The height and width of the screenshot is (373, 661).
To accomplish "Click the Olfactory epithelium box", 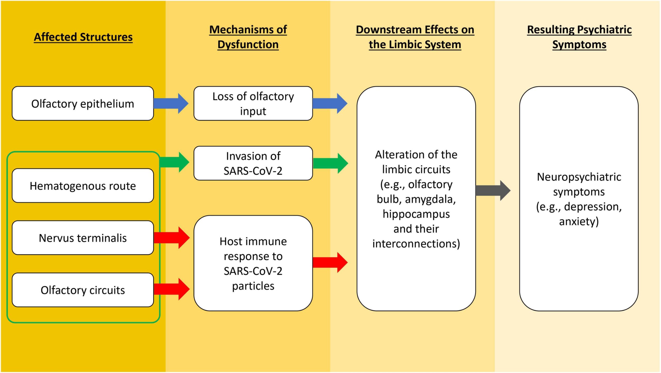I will pyautogui.click(x=83, y=104).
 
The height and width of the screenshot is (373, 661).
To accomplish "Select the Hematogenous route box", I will pyautogui.click(x=83, y=186).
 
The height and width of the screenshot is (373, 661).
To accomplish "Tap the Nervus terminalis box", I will pyautogui.click(x=83, y=238).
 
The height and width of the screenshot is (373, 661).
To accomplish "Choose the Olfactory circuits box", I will pyautogui.click(x=83, y=290).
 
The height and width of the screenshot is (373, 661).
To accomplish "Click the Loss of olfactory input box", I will pyautogui.click(x=253, y=104).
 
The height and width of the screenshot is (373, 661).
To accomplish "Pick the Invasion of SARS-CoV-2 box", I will pyautogui.click(x=253, y=163).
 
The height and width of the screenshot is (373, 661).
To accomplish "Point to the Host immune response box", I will pyautogui.click(x=253, y=263).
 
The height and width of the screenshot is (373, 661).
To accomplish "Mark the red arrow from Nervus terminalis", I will pyautogui.click(x=172, y=238).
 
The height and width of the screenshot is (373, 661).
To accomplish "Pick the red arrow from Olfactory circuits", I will pyautogui.click(x=172, y=289).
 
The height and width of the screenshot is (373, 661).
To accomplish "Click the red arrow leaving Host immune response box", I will pyautogui.click(x=330, y=262).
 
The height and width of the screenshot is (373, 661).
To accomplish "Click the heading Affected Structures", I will pyautogui.click(x=83, y=37).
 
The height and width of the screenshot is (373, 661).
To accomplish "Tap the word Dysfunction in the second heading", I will pyautogui.click(x=248, y=44).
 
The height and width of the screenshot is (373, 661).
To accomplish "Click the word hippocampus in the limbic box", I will pyautogui.click(x=416, y=214).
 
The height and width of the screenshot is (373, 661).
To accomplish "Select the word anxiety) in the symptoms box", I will pyautogui.click(x=579, y=221).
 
